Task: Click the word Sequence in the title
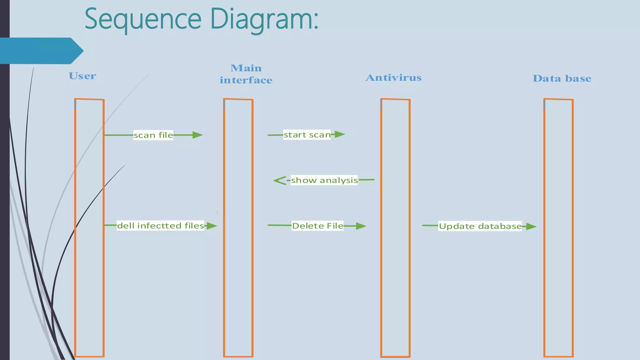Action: tap(143, 19)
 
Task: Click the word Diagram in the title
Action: tap(264, 19)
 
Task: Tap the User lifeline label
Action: tap(82, 76)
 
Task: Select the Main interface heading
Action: tap(246, 74)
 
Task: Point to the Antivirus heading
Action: tap(393, 77)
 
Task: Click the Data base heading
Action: tap(562, 78)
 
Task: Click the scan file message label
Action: tap(153, 135)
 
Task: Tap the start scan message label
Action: tap(307, 135)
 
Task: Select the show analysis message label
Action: tap(324, 180)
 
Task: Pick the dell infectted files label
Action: tap(160, 226)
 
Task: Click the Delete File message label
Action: tap(317, 226)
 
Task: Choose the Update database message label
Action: tap(480, 226)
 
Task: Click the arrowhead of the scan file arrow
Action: tap(197, 135)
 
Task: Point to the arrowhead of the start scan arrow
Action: tap(340, 134)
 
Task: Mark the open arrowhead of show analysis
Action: tap(279, 180)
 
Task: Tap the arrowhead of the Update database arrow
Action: tap(531, 227)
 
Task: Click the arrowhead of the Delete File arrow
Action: tap(361, 226)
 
